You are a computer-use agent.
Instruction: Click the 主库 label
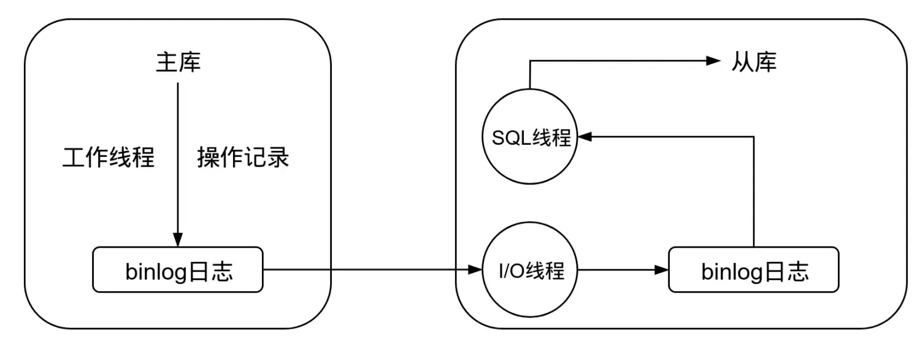click(x=178, y=63)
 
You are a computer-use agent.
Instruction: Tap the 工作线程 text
click(x=109, y=158)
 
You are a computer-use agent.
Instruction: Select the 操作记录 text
click(x=243, y=158)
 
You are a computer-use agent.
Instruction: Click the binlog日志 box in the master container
click(x=178, y=270)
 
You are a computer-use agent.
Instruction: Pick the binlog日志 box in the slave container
click(x=753, y=270)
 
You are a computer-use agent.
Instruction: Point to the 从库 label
click(x=754, y=61)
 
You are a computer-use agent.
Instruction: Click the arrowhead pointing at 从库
click(x=713, y=60)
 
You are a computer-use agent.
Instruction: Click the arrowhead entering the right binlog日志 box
click(x=662, y=270)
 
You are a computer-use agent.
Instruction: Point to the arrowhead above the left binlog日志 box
click(x=178, y=239)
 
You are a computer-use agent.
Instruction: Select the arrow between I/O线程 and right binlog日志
click(x=619, y=270)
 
